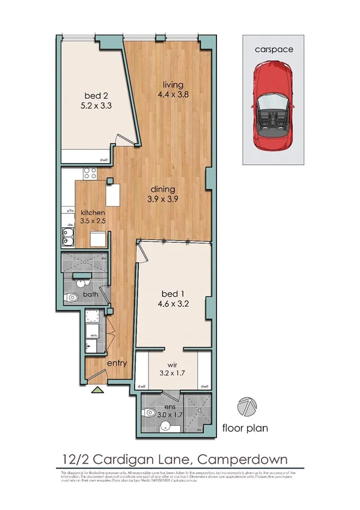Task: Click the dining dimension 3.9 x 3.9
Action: [x=163, y=199]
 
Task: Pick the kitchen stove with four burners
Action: [x=90, y=174]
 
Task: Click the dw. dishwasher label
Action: [x=70, y=222]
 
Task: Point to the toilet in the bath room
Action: [x=73, y=298]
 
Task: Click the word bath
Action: [x=91, y=295]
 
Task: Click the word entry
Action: [x=116, y=363]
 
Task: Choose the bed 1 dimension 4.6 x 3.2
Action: [x=172, y=303]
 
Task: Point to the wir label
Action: [x=172, y=364]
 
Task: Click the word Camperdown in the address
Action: [x=242, y=459]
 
